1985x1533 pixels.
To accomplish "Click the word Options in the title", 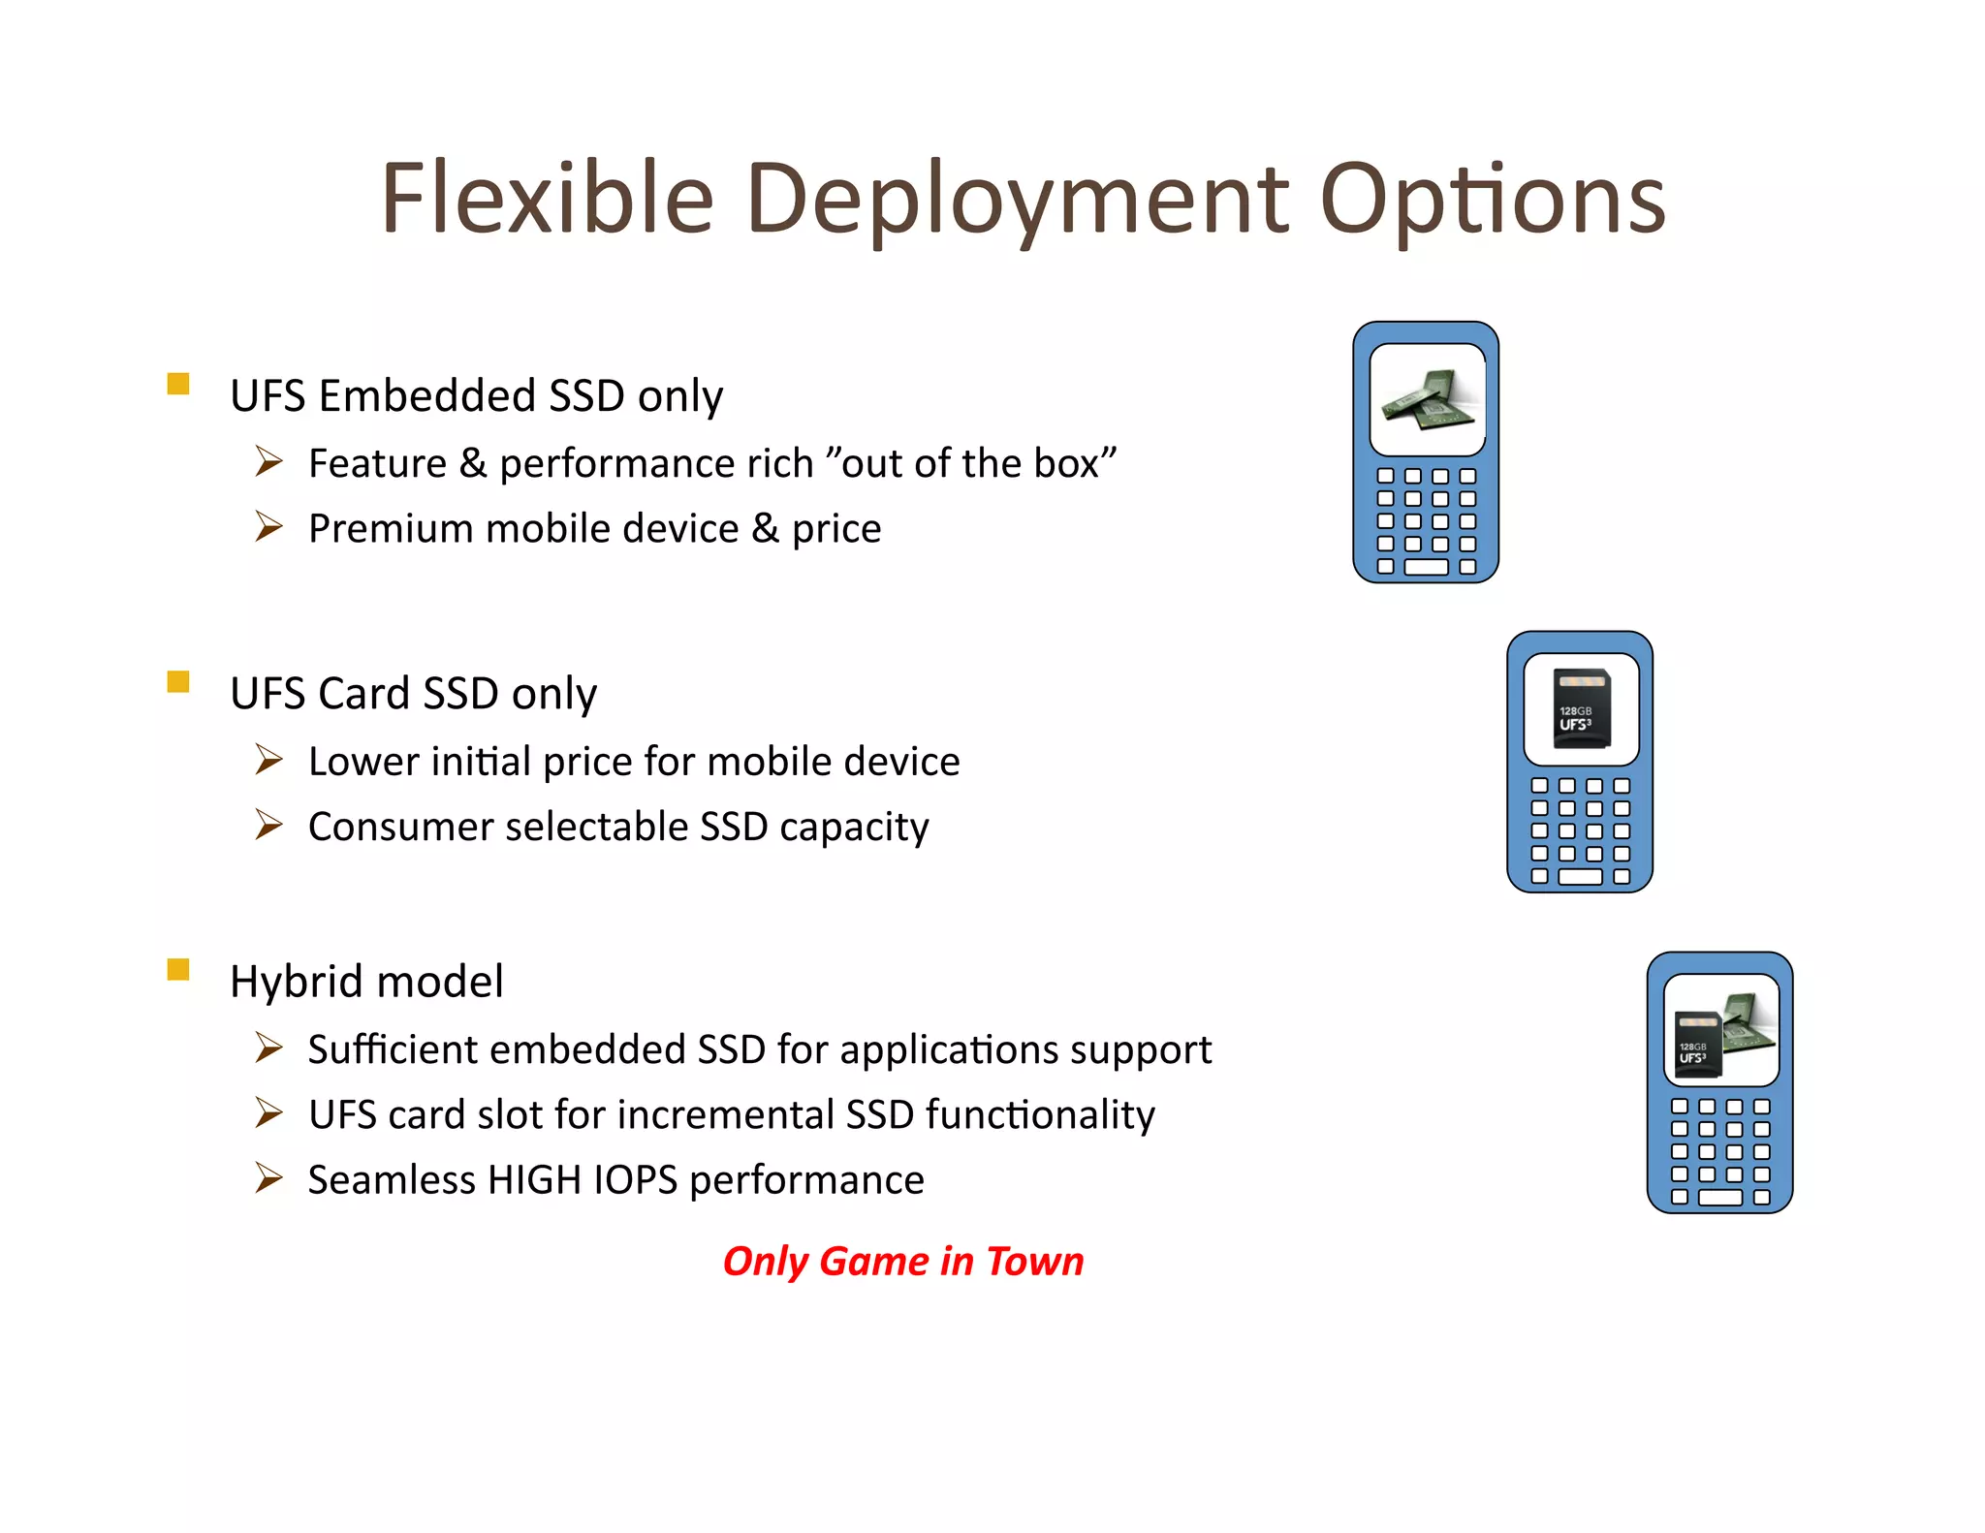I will (1492, 201).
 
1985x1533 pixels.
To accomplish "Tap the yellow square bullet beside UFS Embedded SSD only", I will (178, 384).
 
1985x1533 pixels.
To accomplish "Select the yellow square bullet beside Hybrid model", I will (178, 969).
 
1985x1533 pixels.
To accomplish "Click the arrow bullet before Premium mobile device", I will (268, 527).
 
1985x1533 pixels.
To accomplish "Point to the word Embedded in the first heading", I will (427, 395).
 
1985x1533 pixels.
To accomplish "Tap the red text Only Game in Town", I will (902, 1261).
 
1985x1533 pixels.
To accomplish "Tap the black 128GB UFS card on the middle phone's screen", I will (1581, 709).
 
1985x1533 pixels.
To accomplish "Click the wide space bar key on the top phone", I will (1426, 568).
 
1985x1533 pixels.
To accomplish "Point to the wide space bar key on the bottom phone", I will (1720, 1198).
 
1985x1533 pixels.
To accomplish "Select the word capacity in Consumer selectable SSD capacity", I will (854, 828).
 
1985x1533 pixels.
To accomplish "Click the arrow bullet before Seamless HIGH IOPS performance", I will (268, 1178).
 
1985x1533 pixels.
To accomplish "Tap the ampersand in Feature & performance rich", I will (473, 463).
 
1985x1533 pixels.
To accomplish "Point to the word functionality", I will (1040, 1114).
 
